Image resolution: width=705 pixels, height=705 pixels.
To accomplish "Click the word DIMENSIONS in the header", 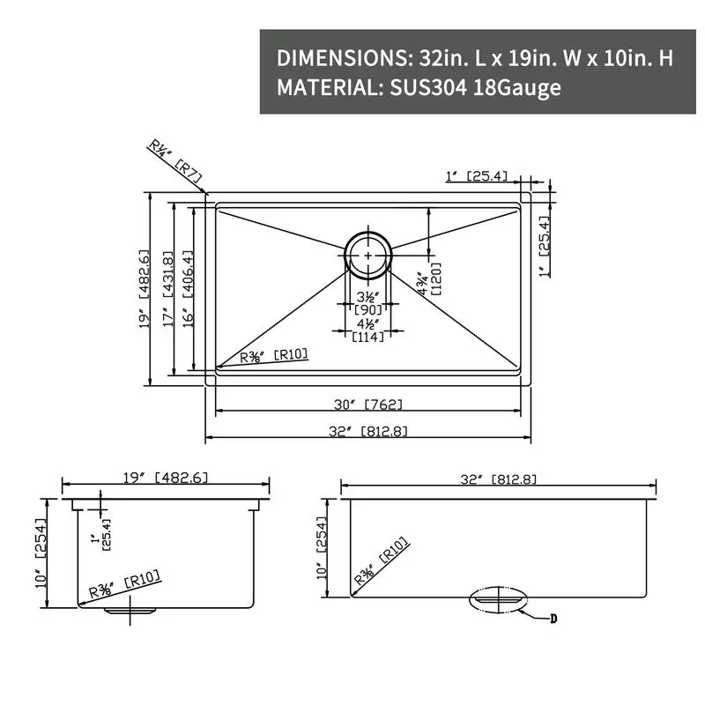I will coord(341,58).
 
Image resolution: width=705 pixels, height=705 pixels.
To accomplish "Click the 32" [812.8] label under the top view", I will coord(367,431).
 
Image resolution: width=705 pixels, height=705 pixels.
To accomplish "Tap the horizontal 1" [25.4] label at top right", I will coord(476,176).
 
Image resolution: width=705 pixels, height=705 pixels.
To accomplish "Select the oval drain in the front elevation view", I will coord(497,597).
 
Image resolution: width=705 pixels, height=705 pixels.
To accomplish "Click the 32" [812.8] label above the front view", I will coord(499,479).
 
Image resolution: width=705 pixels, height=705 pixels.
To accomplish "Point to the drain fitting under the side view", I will coord(130,607).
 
